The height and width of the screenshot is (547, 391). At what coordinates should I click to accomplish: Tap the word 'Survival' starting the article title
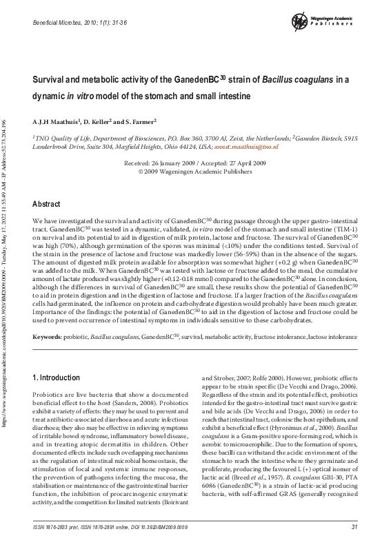(50, 80)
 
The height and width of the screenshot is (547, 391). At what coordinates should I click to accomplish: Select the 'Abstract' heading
(48, 204)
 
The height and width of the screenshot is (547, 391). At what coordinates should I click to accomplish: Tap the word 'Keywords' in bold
(48, 337)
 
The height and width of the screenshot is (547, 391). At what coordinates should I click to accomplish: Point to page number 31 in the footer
(354, 527)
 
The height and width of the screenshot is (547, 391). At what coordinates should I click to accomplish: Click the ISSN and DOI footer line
(110, 527)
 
